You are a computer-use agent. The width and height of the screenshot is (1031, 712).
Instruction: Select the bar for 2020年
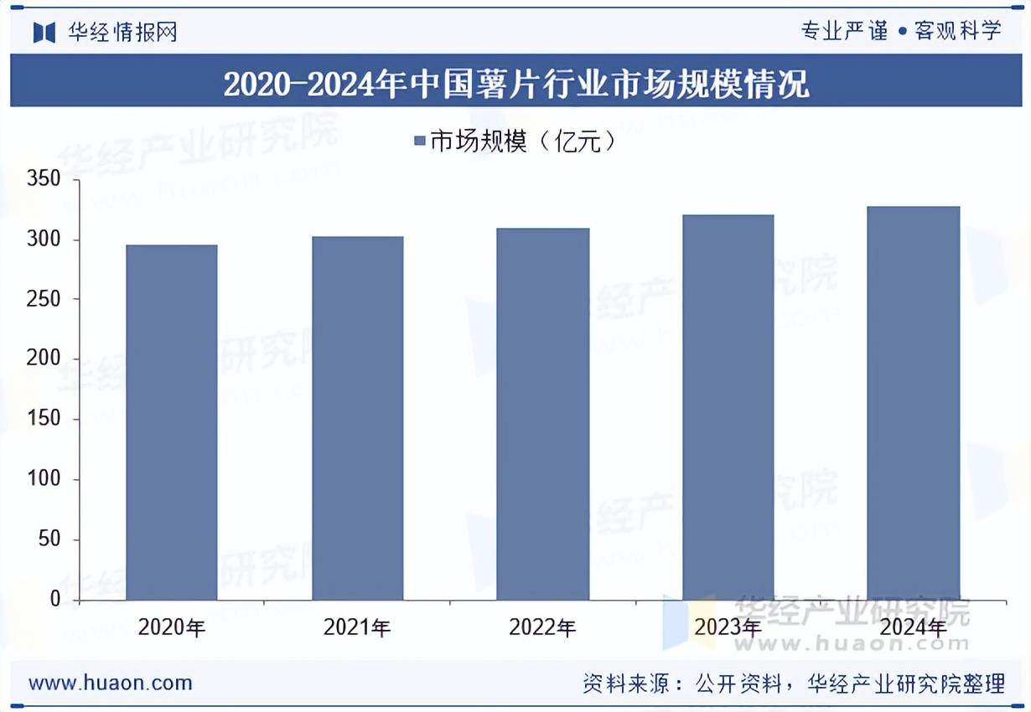tap(172, 422)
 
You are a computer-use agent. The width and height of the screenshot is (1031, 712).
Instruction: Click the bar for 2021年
tap(357, 418)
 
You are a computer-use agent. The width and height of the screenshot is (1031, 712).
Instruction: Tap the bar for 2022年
tap(543, 414)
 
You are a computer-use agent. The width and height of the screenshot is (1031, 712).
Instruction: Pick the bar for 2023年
tap(728, 407)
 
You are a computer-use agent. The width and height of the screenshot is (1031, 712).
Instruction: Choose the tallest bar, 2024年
tap(914, 403)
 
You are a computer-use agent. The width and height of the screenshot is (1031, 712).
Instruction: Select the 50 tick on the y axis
tap(49, 539)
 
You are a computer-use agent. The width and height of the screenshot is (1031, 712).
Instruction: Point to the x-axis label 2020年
tap(172, 627)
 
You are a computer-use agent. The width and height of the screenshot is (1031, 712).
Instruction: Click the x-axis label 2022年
tap(543, 627)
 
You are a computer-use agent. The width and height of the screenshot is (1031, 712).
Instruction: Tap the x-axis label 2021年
tap(357, 627)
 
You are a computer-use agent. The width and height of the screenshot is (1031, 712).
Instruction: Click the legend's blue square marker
tap(420, 142)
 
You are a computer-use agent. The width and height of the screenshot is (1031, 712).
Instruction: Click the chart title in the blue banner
tap(515, 85)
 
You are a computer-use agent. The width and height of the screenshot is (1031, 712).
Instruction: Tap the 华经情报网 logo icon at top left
tap(44, 33)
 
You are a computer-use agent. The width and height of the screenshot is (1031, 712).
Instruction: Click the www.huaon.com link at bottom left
tap(111, 683)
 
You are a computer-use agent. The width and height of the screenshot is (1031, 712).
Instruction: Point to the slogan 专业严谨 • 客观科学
tap(901, 32)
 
